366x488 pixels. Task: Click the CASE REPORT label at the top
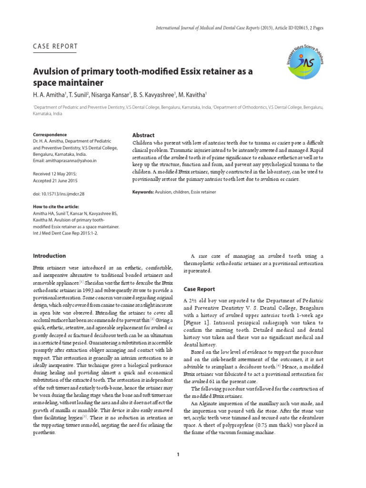click(55, 46)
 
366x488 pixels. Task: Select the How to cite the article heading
click(56, 207)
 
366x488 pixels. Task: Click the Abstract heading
click(143, 135)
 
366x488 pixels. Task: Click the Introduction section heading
click(50, 256)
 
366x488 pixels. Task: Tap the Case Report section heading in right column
click(199, 289)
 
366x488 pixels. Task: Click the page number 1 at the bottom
click(178, 454)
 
